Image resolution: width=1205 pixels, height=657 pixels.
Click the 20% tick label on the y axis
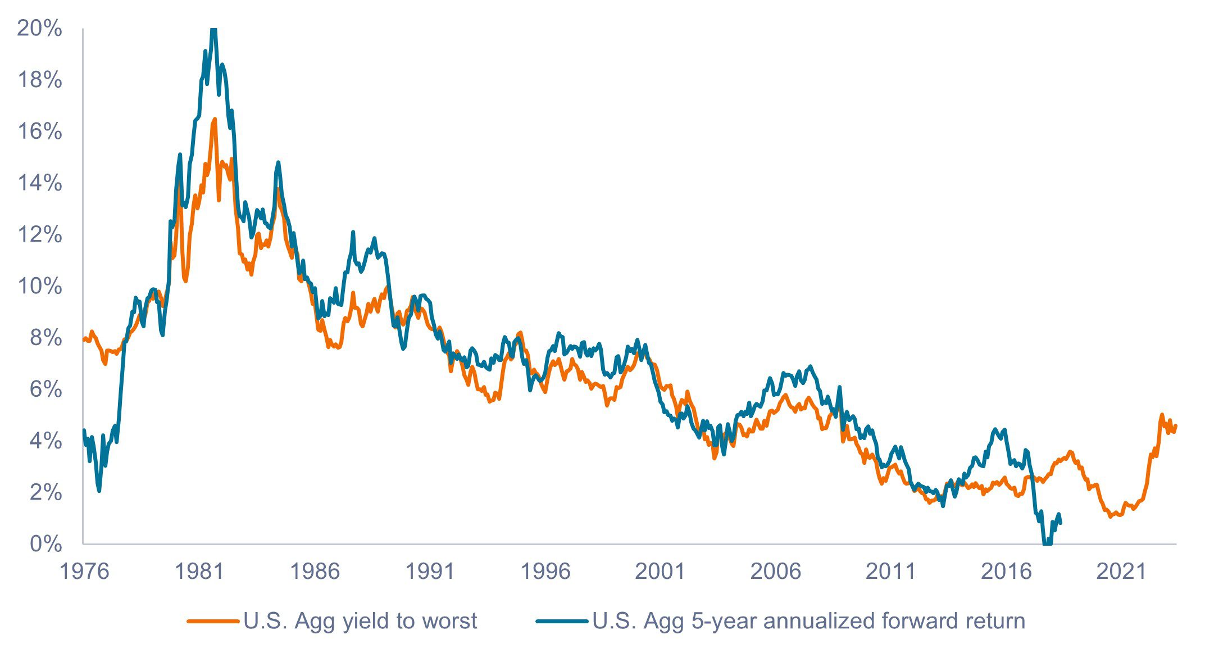click(39, 28)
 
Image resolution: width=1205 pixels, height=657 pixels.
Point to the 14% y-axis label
click(39, 183)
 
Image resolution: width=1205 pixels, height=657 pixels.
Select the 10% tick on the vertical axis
click(39, 286)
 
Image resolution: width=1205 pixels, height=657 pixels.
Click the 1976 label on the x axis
click(84, 572)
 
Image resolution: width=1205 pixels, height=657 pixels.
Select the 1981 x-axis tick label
click(199, 572)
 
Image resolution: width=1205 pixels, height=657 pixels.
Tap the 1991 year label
click(430, 572)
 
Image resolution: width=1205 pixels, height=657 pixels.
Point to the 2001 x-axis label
click(660, 572)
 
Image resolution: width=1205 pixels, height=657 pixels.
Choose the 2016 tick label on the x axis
click(1006, 572)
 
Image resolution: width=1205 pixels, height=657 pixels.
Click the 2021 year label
click(1121, 572)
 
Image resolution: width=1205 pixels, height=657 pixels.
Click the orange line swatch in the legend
click(212, 621)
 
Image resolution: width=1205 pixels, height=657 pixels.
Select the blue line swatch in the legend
click(562, 621)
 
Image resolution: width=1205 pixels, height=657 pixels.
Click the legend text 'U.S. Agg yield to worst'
click(360, 621)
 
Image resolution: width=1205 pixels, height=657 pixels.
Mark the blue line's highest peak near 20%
click(213, 29)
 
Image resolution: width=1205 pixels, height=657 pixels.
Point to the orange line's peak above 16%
click(215, 119)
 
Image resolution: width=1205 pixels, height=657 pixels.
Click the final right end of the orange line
click(1176, 425)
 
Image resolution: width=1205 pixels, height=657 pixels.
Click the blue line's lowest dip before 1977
click(99, 491)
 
